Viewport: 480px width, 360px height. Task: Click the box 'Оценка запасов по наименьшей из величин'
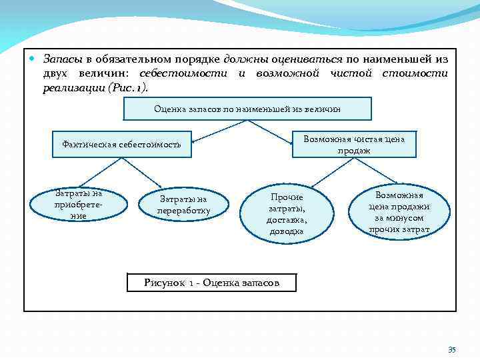pyautogui.click(x=247, y=108)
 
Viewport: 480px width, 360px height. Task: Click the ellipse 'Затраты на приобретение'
pyautogui.click(x=79, y=205)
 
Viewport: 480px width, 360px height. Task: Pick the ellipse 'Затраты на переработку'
pyautogui.click(x=183, y=205)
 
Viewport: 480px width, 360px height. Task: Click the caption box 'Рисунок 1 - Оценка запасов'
pyautogui.click(x=211, y=283)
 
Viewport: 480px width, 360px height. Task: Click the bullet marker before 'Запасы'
pyautogui.click(x=33, y=58)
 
